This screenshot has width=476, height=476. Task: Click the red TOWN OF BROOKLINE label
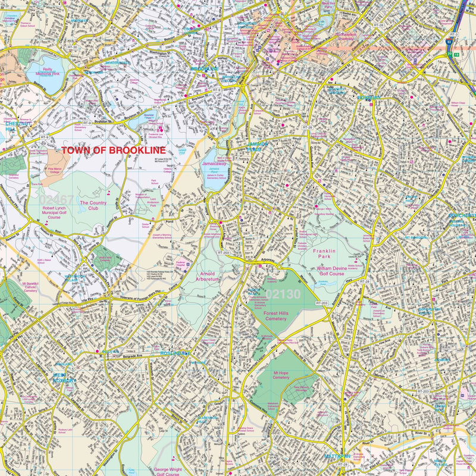coord(114,151)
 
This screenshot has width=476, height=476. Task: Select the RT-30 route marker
coord(73,47)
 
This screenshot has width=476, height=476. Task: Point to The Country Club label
coord(93,206)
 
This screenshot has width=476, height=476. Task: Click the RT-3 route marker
coord(453,35)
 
